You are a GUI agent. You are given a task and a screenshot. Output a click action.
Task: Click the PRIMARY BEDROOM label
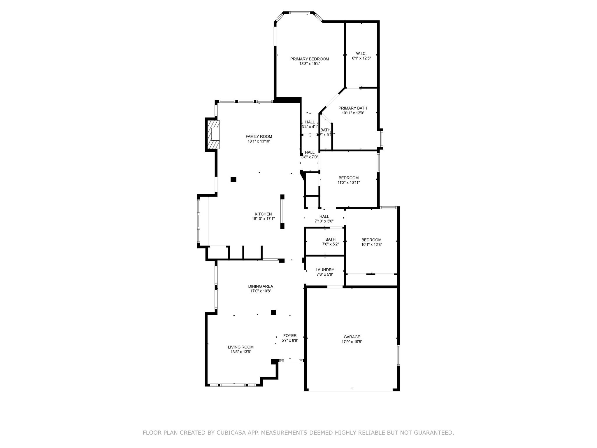[x=309, y=59]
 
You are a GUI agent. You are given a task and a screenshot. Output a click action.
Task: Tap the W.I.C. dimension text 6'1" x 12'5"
[x=361, y=58]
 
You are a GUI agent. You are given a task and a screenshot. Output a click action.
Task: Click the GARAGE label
[x=352, y=337]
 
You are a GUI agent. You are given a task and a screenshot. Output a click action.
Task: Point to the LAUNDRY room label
[x=325, y=270]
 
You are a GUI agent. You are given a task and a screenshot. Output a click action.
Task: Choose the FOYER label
[x=290, y=336]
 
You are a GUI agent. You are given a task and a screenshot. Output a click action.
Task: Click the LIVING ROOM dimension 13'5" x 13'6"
[x=240, y=352]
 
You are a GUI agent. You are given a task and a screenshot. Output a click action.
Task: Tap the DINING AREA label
[x=260, y=286]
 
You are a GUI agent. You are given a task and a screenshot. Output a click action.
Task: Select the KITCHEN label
[x=263, y=214]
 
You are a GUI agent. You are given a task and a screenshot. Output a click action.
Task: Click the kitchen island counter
[x=282, y=211]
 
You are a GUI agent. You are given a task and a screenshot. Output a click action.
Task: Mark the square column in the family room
[x=233, y=180]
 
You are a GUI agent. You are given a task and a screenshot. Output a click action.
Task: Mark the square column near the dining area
[x=273, y=312]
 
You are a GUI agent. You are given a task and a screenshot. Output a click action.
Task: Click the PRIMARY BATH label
[x=352, y=108]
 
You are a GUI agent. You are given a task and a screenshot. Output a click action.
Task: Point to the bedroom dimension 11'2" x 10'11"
[x=349, y=183]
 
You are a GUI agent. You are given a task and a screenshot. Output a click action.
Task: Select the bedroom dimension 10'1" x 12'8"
[x=371, y=245]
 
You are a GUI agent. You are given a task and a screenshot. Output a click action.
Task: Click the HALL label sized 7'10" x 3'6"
[x=324, y=216]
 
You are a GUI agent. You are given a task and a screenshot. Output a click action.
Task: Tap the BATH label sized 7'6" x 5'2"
[x=330, y=239]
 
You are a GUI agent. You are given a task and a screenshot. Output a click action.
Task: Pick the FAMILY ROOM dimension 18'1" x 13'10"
[x=259, y=141]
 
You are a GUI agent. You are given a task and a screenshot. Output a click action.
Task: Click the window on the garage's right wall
[x=398, y=355]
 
